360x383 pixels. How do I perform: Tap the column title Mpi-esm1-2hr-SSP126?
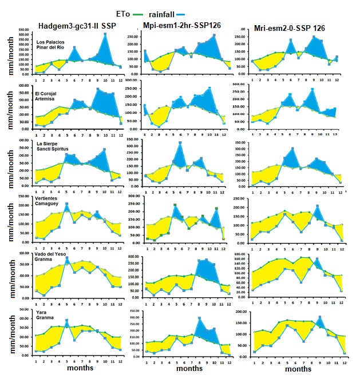[183, 26]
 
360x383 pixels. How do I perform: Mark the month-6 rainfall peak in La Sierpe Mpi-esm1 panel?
[180, 142]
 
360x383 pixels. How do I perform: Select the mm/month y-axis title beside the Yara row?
[7, 336]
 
